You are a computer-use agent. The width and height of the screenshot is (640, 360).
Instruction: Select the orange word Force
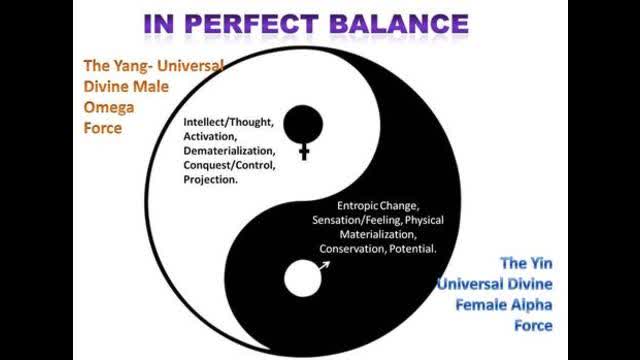coord(102,128)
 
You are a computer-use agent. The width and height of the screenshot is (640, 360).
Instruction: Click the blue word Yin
coord(539,263)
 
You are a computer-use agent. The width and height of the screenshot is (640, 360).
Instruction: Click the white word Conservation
coord(352,248)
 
